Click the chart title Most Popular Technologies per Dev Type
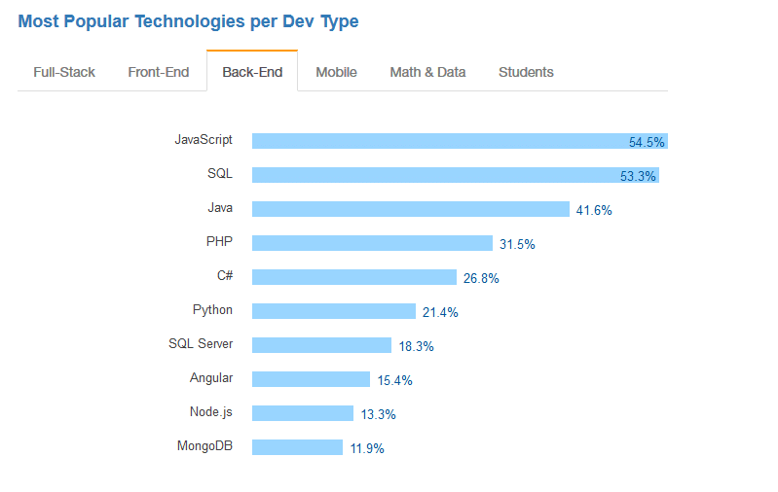(188, 21)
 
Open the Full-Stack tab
(64, 72)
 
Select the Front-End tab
(158, 72)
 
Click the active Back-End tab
(252, 72)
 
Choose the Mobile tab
(335, 72)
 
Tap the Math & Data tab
(427, 72)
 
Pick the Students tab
(526, 72)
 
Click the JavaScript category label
(204, 140)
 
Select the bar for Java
(410, 209)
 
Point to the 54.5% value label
(647, 142)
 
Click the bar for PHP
(372, 243)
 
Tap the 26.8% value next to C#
(481, 278)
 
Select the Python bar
(333, 311)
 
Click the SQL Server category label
(201, 344)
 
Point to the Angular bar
(311, 379)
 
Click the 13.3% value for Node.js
(379, 414)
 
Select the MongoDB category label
(204, 446)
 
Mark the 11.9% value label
(367, 448)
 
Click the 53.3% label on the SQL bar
(638, 176)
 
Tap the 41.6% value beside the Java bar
(594, 210)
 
